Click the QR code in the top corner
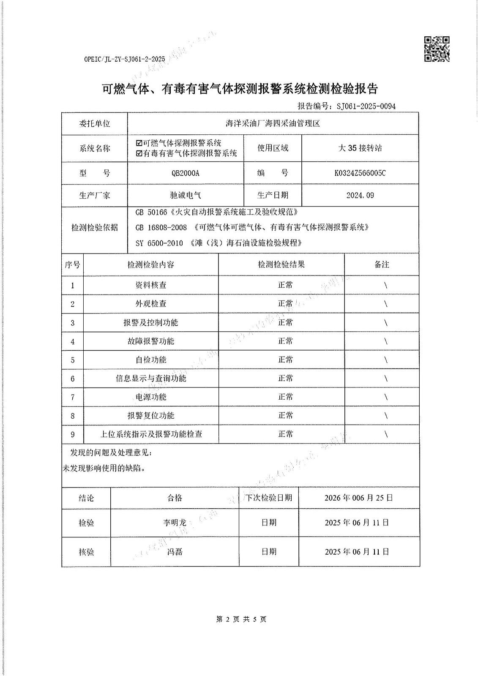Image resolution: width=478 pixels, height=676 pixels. click(437, 49)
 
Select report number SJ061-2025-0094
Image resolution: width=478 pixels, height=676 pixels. click(366, 106)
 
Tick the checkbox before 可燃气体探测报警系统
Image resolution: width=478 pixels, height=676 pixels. click(139, 143)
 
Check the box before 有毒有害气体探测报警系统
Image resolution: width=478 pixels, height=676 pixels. click(139, 153)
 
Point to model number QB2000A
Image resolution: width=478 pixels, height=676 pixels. click(186, 173)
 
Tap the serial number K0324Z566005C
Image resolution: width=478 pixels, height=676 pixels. click(360, 173)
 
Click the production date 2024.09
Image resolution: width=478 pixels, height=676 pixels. click(360, 196)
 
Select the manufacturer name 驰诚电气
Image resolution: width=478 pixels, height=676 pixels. click(186, 196)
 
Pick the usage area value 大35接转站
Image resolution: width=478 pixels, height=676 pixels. click(360, 148)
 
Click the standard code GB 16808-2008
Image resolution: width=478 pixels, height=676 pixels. click(161, 227)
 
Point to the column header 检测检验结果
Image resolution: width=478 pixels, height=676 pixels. click(281, 264)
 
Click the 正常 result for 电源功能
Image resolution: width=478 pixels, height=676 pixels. click(285, 397)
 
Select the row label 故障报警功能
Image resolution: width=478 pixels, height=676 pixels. click(150, 341)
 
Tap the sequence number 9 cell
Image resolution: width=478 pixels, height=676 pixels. click(73, 434)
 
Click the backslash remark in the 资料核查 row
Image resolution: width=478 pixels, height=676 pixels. click(385, 285)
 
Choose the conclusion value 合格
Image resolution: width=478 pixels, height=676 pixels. click(174, 498)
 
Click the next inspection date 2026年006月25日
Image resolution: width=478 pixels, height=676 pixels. click(358, 498)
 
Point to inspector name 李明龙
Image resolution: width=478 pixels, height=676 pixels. click(175, 523)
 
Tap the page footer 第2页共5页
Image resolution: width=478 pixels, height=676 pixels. click(241, 619)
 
